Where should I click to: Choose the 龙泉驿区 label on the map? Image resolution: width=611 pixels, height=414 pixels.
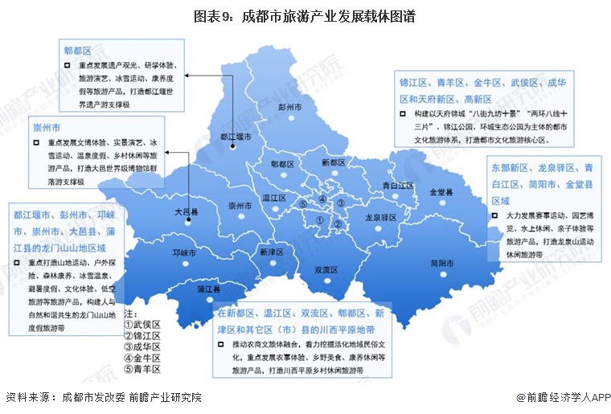point(381,217)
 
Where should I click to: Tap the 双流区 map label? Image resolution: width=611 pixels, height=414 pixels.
point(326,269)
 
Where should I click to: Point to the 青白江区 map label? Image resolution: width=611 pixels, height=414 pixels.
point(398,185)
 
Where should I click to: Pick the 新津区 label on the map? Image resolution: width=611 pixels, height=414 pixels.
point(272,251)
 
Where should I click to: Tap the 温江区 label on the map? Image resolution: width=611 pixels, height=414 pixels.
point(275,196)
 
